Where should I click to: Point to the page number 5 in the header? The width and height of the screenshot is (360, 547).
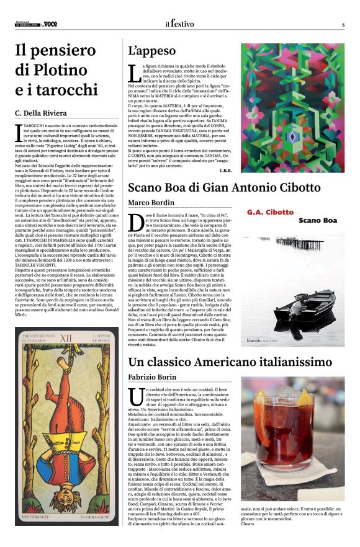pos(343,25)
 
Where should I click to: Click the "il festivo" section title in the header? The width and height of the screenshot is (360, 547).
pos(179,24)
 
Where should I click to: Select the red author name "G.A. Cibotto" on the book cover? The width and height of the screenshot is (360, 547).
pos(270,212)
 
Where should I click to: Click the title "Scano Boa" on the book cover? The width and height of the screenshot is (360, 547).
pos(317,220)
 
